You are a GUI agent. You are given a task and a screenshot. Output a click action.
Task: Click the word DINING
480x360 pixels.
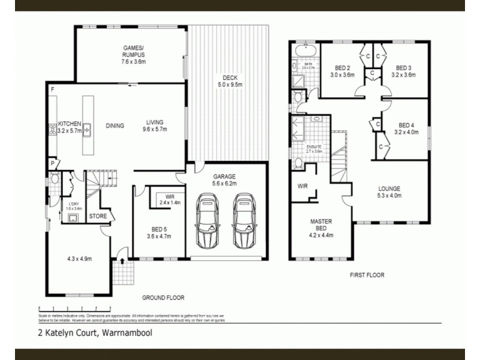[x=115, y=126]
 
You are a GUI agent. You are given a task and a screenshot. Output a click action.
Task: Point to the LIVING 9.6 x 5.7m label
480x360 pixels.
[x=154, y=125]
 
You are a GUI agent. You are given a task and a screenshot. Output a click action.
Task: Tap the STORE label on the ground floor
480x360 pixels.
[x=98, y=216]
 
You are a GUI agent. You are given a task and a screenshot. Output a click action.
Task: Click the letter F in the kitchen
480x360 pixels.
[x=53, y=90]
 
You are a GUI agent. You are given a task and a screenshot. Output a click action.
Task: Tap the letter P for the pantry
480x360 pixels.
[x=52, y=163]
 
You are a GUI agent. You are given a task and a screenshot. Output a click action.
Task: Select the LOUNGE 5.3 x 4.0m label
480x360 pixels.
[x=389, y=191]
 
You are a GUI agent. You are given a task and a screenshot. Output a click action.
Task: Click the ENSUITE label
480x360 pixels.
[x=314, y=149]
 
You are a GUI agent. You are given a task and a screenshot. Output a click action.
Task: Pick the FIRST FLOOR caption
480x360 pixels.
[x=367, y=275]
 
